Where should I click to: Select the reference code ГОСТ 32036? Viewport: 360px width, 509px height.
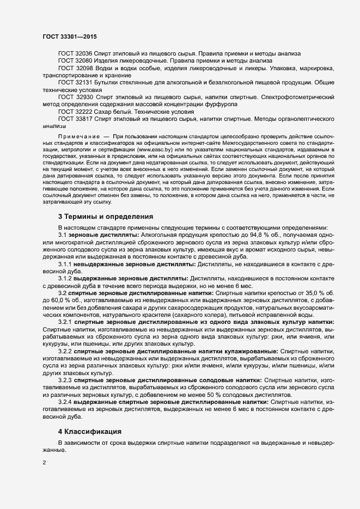75,53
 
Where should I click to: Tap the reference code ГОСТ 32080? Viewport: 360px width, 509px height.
75,61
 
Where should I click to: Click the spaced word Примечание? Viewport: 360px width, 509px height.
78,135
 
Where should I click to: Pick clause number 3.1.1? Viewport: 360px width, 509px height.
65,263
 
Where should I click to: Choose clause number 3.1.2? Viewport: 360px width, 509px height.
65,278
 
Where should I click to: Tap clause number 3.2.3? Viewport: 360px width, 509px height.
65,379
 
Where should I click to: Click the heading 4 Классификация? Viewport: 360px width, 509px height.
89,432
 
